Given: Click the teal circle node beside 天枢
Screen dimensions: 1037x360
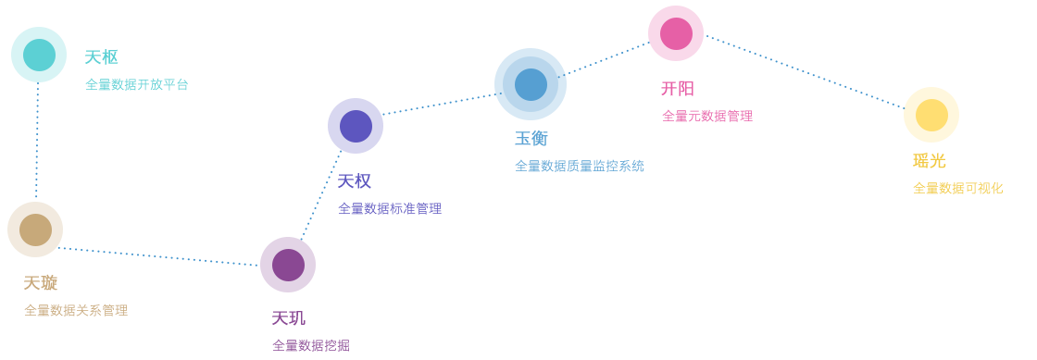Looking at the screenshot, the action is point(39,55).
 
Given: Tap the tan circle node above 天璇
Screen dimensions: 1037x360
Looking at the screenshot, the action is point(35,230).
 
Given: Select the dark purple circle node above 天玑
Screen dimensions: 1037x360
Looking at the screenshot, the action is point(288,265).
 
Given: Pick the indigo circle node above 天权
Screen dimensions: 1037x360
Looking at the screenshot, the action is point(356,126).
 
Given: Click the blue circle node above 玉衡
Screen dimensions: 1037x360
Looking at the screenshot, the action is point(531,84).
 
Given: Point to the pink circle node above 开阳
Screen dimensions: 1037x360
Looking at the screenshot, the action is point(676,33).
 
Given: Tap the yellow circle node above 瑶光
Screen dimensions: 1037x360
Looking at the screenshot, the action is point(931,115).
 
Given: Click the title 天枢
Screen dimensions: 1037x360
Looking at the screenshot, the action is point(101,57).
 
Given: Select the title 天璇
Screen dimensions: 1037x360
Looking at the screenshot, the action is point(41,283).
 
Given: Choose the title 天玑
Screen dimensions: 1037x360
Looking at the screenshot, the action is point(288,318).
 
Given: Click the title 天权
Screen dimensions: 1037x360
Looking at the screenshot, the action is point(355,181).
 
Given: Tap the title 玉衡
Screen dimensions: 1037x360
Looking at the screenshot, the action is point(531,139).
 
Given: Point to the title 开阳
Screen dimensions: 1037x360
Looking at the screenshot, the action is point(678,89).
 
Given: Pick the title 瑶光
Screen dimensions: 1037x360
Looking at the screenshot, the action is point(930,161).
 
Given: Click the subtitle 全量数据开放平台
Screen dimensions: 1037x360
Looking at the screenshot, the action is point(137,84).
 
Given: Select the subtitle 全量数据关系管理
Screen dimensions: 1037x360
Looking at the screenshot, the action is point(76,310).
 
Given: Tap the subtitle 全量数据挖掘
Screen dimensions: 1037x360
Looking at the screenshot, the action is point(311,345).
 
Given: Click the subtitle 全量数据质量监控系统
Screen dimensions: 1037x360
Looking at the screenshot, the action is point(580,167).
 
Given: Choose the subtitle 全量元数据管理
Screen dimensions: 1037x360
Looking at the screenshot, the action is point(707,117).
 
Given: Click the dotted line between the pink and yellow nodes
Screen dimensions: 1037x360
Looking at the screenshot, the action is point(805,72).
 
